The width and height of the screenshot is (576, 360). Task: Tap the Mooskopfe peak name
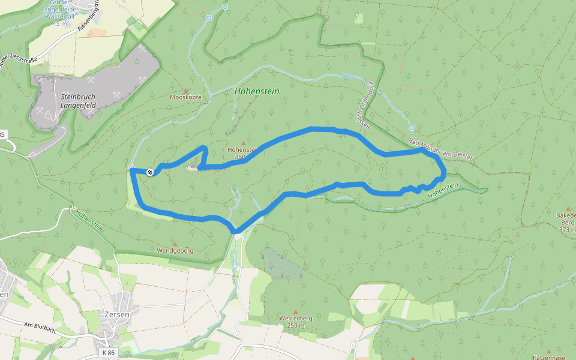(x=185, y=97)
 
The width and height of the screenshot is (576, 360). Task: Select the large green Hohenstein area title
(x=257, y=92)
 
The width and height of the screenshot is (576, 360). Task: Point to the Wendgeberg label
(x=175, y=251)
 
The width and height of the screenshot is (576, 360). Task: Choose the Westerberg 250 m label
(x=295, y=322)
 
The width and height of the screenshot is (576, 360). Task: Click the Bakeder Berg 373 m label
(x=566, y=222)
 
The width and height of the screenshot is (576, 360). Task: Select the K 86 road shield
(x=109, y=353)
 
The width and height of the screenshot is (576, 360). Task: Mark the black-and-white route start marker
(x=150, y=172)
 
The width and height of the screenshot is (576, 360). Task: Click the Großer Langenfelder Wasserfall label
(x=60, y=13)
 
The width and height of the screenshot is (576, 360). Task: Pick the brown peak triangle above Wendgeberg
(x=175, y=244)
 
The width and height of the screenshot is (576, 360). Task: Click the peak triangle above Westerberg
(x=295, y=311)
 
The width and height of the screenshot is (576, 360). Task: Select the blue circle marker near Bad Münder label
(x=412, y=128)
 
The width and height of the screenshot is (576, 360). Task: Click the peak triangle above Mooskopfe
(x=185, y=91)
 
